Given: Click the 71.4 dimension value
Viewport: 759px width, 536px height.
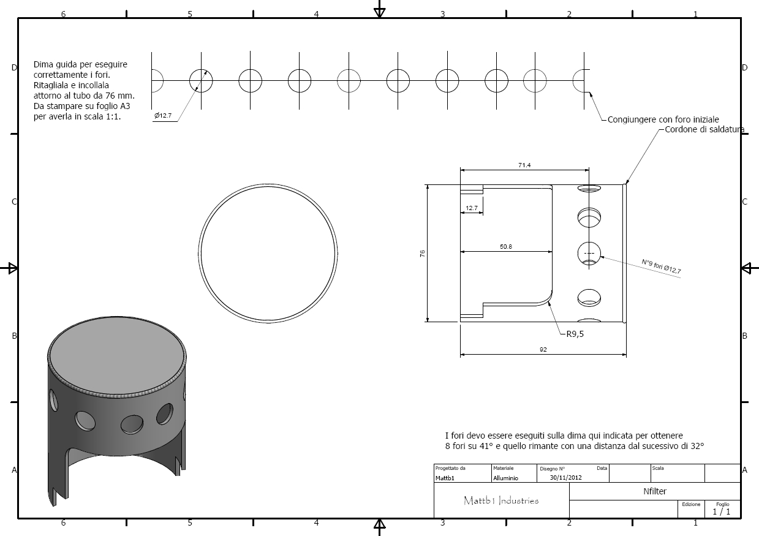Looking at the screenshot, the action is coord(524,165).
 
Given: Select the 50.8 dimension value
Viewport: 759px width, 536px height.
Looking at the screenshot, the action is coord(506,247).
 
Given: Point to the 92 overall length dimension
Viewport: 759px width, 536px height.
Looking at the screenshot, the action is coord(543,349).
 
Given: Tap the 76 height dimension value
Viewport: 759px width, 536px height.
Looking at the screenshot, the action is coord(422,254).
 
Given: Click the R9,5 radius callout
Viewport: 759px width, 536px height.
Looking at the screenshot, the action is coord(575,334).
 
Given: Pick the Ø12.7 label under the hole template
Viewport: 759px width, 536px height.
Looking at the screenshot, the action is coord(163,116).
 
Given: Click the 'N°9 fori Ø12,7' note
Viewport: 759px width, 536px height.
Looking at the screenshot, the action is coord(661,266).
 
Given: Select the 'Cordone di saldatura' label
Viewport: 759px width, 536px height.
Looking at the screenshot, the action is coord(704,129).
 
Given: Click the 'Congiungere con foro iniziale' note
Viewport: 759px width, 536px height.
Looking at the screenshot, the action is coord(663,119).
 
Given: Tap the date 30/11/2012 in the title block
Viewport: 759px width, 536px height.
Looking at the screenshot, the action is coord(565,477).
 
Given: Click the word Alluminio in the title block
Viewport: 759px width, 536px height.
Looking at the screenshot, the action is coord(505,478).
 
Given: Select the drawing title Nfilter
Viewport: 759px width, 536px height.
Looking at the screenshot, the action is coord(655,491).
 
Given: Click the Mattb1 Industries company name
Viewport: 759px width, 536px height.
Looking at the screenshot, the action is coord(501,500).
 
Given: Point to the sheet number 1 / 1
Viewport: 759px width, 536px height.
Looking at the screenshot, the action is coord(722,511).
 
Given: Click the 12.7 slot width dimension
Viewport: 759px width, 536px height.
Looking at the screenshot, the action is coord(471,208).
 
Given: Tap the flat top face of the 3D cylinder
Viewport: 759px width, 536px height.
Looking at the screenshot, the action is coord(117,355).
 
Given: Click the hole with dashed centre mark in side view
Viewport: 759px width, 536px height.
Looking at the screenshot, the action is coord(589,254).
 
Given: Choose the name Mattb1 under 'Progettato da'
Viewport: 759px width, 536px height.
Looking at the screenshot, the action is coord(445,478).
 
